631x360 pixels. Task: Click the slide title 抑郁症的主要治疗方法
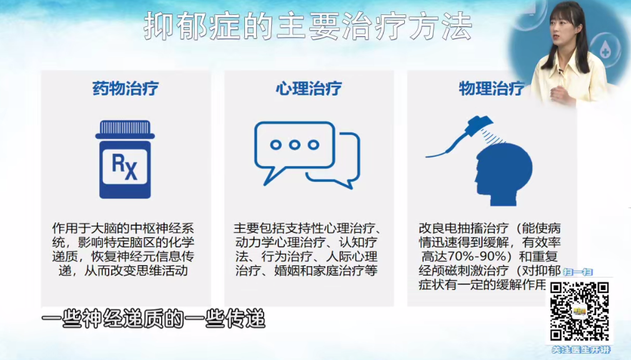tap(308, 27)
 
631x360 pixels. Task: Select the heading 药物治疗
tap(126, 88)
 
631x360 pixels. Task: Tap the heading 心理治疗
tap(309, 88)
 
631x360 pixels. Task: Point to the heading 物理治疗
tap(492, 88)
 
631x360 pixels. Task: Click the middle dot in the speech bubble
tap(295, 144)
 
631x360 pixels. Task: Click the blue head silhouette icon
tap(503, 174)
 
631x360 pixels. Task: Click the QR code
tap(580, 311)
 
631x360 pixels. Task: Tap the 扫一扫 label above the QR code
tap(578, 272)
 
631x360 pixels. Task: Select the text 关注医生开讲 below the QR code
tap(580, 350)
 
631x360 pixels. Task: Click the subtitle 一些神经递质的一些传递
tap(153, 319)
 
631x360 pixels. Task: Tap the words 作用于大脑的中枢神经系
tap(123, 228)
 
